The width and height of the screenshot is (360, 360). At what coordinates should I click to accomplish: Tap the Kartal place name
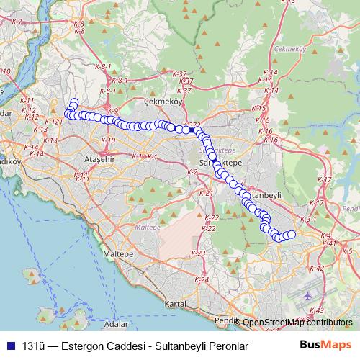(176, 304)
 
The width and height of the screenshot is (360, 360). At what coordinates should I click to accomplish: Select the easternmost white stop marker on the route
(292, 235)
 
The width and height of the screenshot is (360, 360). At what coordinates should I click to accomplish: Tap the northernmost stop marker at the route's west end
(73, 103)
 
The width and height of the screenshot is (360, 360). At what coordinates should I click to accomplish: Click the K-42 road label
(315, 269)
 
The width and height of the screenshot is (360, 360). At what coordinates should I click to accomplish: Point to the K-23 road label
(200, 253)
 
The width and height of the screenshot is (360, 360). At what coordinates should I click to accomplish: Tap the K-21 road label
(205, 194)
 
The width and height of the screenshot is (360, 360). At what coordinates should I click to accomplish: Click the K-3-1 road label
(308, 218)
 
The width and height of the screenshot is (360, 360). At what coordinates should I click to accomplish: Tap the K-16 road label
(266, 132)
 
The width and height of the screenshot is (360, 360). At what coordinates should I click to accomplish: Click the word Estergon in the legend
(84, 346)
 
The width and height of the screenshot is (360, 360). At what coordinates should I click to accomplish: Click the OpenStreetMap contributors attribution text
(297, 323)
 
